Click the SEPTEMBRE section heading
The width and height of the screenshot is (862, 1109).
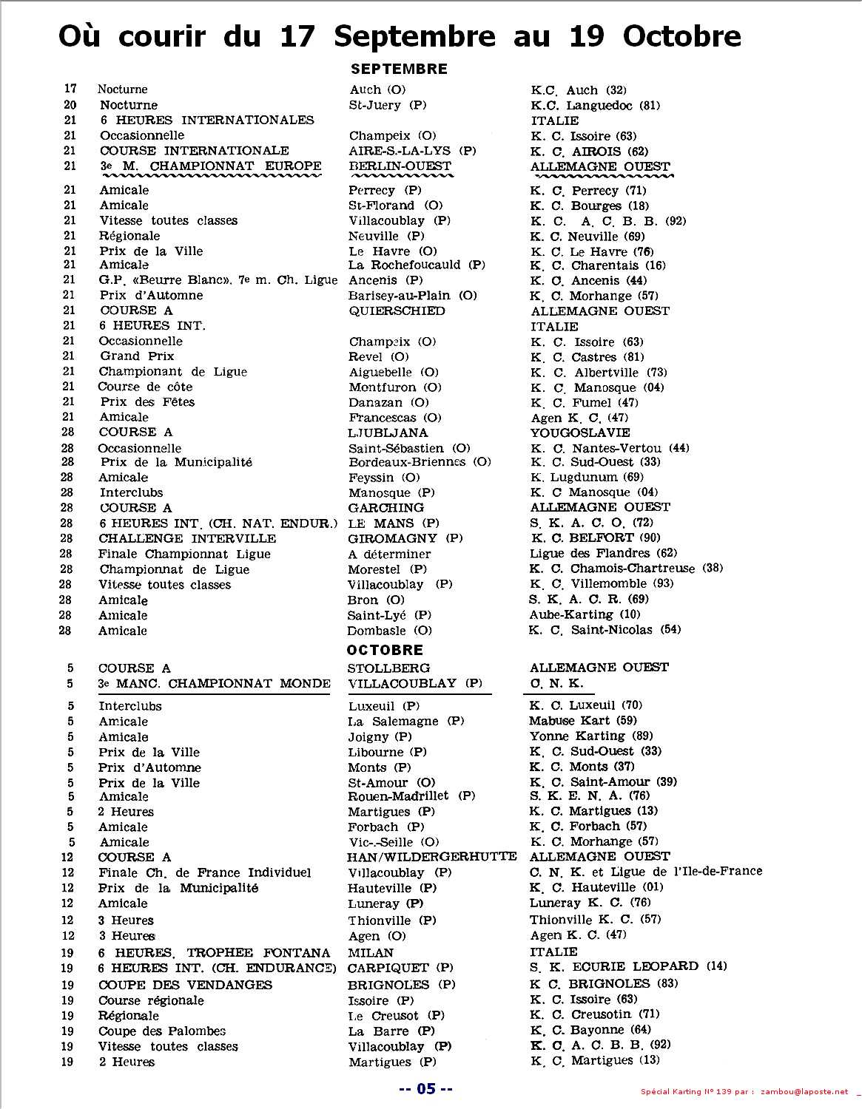(x=399, y=69)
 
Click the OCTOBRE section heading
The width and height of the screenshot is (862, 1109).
(x=385, y=650)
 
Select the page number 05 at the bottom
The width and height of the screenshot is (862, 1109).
(x=425, y=1088)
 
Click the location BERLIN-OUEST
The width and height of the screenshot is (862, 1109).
(x=400, y=166)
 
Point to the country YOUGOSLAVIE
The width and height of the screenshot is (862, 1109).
(x=579, y=433)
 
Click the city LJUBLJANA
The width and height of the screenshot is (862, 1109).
(x=388, y=433)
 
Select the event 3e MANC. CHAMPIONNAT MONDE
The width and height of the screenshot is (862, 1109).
(x=215, y=683)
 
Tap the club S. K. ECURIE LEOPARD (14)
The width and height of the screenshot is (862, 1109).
(x=628, y=966)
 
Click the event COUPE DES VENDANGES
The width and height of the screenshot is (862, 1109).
(x=185, y=985)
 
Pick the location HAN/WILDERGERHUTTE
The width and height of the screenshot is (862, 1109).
(x=431, y=857)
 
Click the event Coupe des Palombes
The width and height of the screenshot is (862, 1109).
(x=162, y=1031)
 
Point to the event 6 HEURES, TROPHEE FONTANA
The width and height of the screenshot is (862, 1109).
(x=214, y=953)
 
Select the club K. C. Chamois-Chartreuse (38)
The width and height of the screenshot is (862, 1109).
(x=626, y=569)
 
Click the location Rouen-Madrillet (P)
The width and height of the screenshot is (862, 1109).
(x=411, y=796)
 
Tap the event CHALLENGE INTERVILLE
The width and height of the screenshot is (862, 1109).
(x=187, y=538)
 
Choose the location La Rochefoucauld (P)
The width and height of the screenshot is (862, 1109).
(x=417, y=265)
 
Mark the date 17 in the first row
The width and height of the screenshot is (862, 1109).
(x=70, y=89)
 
